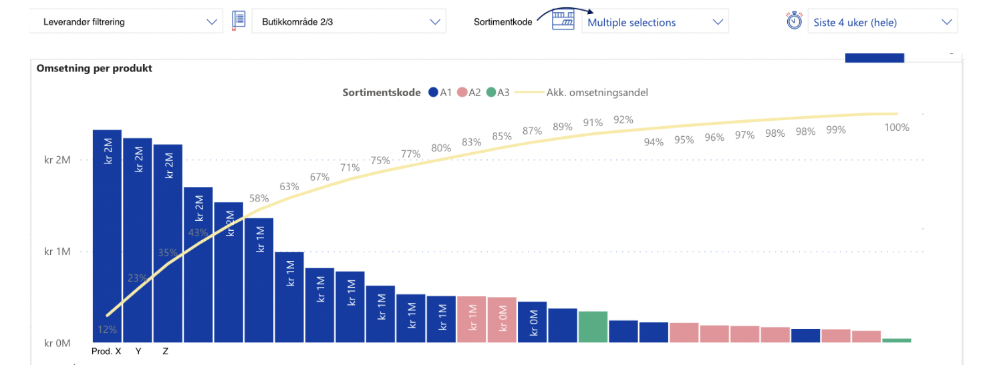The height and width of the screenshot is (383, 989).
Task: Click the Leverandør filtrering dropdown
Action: click(x=126, y=21)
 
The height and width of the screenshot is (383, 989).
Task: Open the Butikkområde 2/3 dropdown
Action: click(x=349, y=21)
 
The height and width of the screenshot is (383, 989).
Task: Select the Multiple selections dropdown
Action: click(x=655, y=22)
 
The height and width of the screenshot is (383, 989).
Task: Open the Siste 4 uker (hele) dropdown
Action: click(x=883, y=22)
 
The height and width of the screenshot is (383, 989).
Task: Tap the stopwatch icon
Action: click(x=794, y=20)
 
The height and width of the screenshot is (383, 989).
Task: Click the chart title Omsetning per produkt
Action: click(x=94, y=68)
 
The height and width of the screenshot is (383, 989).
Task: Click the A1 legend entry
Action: click(x=440, y=93)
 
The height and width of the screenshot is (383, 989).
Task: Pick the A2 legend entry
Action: click(x=469, y=93)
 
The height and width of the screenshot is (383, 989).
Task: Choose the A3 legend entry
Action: click(x=498, y=93)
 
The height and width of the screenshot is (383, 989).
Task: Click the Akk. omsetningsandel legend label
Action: click(x=597, y=93)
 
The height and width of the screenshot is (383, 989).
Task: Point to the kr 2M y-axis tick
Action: click(x=57, y=160)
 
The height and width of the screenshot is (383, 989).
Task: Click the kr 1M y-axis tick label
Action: click(x=57, y=252)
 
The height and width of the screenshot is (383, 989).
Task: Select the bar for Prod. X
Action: click(x=107, y=236)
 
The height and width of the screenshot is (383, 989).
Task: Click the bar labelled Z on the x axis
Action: click(x=168, y=244)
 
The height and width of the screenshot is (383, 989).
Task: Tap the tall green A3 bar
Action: click(x=593, y=326)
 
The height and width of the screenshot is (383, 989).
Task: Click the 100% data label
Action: click(x=897, y=127)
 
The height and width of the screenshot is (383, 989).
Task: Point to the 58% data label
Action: click(x=259, y=198)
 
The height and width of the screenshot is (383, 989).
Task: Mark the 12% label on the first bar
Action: click(x=108, y=330)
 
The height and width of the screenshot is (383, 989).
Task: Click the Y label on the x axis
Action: click(x=138, y=351)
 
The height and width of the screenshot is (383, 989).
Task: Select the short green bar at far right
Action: click(x=897, y=340)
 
